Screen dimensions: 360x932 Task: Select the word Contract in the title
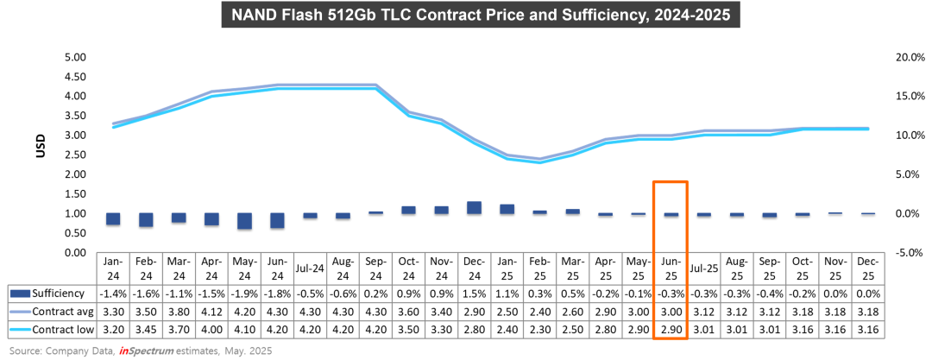[450, 15]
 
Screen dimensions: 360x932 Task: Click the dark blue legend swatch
[20, 294]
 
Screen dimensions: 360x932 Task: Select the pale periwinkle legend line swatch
[20, 312]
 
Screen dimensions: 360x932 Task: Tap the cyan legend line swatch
[20, 330]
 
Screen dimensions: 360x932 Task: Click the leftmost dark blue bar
[113, 218]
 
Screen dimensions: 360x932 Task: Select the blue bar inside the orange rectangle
[671, 214]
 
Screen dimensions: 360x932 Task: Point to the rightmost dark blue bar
[868, 213]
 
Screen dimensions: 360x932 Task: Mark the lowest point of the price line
[539, 161]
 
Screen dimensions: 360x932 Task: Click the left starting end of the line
[114, 125]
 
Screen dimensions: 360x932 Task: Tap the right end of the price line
[868, 129]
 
